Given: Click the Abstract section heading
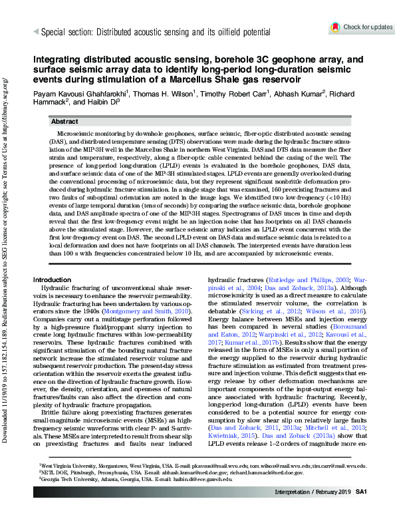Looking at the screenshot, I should click(x=65, y=122).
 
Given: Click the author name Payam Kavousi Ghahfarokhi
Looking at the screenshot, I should click(x=78, y=94).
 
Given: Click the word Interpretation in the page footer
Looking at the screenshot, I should click(x=293, y=510).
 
